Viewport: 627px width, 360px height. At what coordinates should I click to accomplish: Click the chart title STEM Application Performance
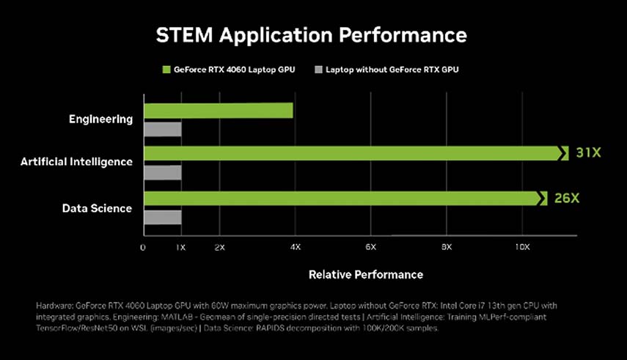(x=312, y=34)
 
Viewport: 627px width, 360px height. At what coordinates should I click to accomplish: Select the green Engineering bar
(x=218, y=111)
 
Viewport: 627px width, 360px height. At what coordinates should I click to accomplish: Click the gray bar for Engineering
(x=162, y=130)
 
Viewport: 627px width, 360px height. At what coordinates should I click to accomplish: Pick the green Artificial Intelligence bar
(x=352, y=153)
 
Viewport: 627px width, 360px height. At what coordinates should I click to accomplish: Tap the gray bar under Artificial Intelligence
(x=162, y=172)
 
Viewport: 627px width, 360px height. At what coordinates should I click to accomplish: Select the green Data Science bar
(x=342, y=198)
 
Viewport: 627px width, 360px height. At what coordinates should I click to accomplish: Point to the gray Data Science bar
(x=162, y=217)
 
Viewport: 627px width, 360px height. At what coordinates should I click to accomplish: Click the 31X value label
(x=587, y=153)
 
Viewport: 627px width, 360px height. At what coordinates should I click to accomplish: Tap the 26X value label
(x=566, y=199)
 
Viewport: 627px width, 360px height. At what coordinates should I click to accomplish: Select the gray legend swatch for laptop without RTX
(x=318, y=70)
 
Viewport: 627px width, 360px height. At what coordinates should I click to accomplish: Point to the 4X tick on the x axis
(x=295, y=248)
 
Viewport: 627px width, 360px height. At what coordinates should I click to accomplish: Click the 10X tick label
(x=522, y=248)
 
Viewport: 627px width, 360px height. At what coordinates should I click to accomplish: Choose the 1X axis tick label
(x=180, y=248)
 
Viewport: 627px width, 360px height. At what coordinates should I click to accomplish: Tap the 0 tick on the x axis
(x=143, y=248)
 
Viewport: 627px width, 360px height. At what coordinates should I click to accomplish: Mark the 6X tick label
(x=370, y=248)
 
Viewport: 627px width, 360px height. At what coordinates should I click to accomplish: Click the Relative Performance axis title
(x=365, y=274)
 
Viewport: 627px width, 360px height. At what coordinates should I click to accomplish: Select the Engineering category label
(x=100, y=119)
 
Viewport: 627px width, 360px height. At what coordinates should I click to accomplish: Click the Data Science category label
(x=97, y=208)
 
